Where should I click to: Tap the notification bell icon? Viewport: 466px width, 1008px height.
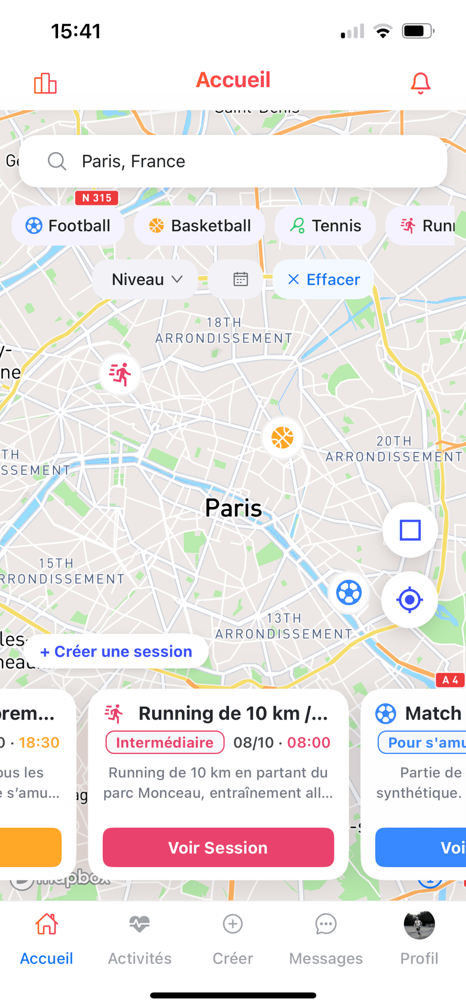pyautogui.click(x=420, y=83)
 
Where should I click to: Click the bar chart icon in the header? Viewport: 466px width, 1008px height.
pyautogui.click(x=45, y=83)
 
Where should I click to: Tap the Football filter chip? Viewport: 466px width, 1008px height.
pyautogui.click(x=68, y=226)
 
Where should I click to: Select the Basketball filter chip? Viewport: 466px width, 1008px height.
pyautogui.click(x=200, y=226)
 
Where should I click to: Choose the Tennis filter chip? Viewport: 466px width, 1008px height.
pyautogui.click(x=325, y=226)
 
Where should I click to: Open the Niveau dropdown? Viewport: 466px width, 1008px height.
pyautogui.click(x=146, y=280)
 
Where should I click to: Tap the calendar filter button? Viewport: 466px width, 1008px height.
pyautogui.click(x=240, y=280)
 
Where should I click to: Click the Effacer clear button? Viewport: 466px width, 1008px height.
pyautogui.click(x=324, y=280)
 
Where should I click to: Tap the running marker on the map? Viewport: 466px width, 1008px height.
pyautogui.click(x=120, y=374)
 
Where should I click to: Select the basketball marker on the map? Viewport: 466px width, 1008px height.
pyautogui.click(x=282, y=438)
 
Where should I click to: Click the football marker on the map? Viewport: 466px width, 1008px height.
pyautogui.click(x=349, y=593)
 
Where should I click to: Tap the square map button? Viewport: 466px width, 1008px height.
pyautogui.click(x=410, y=530)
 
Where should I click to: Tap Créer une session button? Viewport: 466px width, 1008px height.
pyautogui.click(x=116, y=651)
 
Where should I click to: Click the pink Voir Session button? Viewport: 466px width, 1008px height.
pyautogui.click(x=218, y=848)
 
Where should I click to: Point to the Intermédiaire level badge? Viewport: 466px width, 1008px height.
pyautogui.click(x=165, y=742)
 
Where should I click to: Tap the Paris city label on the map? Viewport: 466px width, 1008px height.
pyautogui.click(x=233, y=508)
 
